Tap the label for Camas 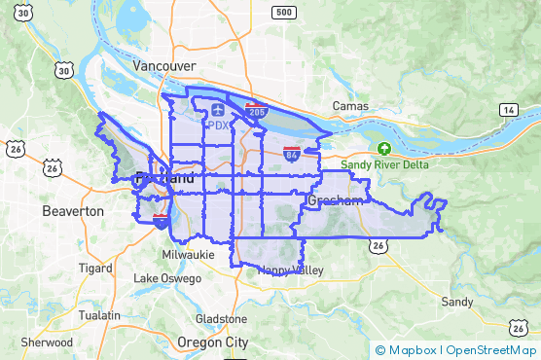point(350,105)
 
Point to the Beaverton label point(73,210)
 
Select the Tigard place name point(95,268)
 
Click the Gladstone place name point(222,319)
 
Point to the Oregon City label point(213,342)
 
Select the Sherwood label point(47,342)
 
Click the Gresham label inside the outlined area point(335,201)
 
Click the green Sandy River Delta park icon point(384,149)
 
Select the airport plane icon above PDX point(217,111)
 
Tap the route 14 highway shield point(508,111)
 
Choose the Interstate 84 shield point(291,153)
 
